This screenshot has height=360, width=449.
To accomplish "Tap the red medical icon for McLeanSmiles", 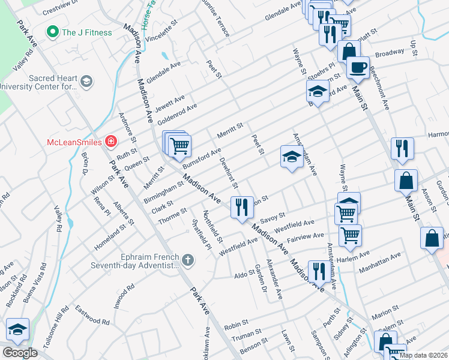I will tap(110, 142).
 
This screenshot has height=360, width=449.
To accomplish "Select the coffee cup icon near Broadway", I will tap(358, 68).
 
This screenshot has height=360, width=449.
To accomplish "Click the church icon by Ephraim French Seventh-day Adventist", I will tap(188, 260).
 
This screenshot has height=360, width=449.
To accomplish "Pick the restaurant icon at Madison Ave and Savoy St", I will tap(242, 208).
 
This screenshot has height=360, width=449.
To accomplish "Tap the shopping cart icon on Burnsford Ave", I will tap(179, 146).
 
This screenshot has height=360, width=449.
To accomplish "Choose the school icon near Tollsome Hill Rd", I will tap(17, 329).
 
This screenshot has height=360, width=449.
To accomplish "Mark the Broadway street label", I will tap(390, 53).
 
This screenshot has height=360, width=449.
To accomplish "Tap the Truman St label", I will tap(242, 338).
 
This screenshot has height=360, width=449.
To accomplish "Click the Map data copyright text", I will tap(424, 355).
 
